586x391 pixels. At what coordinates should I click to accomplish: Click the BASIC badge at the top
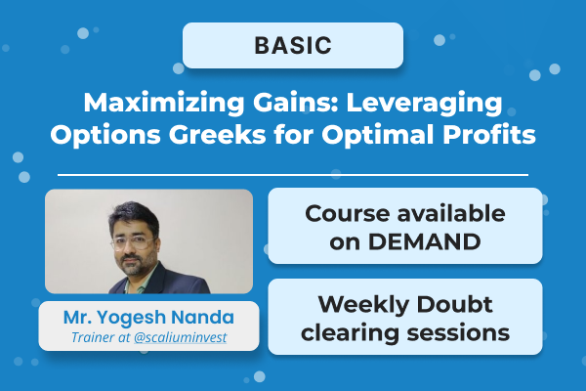(293, 45)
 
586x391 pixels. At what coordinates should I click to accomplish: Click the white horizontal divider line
(293, 175)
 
